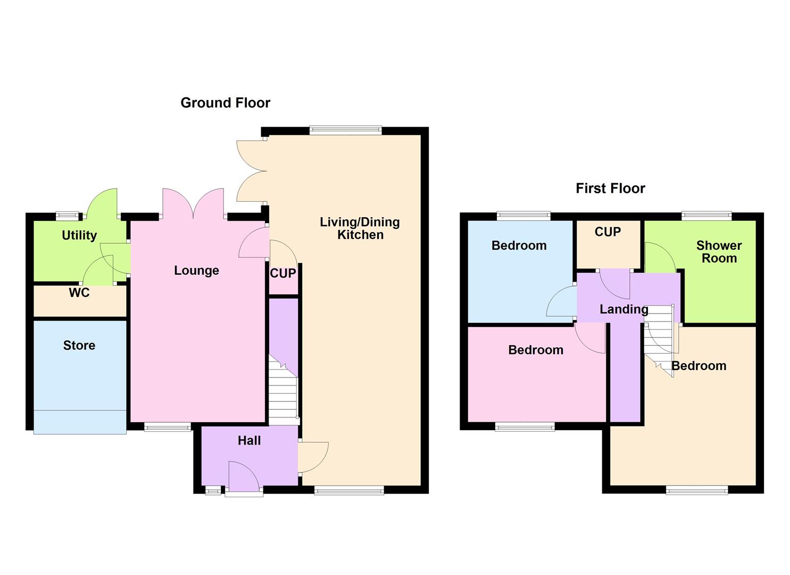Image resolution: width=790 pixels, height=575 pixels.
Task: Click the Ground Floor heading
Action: pyautogui.click(x=225, y=103)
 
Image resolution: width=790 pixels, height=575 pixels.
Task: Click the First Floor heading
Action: pyautogui.click(x=610, y=188)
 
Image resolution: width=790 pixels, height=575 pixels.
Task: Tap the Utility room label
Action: pyautogui.click(x=79, y=235)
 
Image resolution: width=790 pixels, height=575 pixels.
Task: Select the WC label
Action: pyautogui.click(x=79, y=293)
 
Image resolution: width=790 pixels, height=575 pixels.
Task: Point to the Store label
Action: pyautogui.click(x=79, y=346)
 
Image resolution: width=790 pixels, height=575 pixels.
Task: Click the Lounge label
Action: pyautogui.click(x=196, y=270)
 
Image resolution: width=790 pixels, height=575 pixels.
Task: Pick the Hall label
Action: pyautogui.click(x=249, y=440)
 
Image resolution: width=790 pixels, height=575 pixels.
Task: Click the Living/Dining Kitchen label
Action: pyautogui.click(x=360, y=228)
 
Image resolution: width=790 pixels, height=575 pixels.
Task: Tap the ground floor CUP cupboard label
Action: pyautogui.click(x=283, y=274)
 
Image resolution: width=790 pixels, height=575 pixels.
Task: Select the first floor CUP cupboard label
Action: pyautogui.click(x=608, y=232)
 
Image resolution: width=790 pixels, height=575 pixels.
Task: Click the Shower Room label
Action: pyautogui.click(x=719, y=252)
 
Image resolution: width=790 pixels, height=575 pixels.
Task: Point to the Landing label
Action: pyautogui.click(x=623, y=309)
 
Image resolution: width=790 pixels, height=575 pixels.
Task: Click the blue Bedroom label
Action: pyautogui.click(x=519, y=245)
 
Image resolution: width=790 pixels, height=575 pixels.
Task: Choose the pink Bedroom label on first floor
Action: pyautogui.click(x=535, y=350)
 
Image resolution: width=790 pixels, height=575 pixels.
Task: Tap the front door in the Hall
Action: pyautogui.click(x=244, y=477)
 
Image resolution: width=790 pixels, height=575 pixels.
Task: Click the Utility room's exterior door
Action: pyautogui.click(x=102, y=203)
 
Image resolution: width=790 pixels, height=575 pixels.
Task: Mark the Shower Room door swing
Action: pyautogui.click(x=660, y=257)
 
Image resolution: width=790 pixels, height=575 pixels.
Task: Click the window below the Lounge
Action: pyautogui.click(x=168, y=426)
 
